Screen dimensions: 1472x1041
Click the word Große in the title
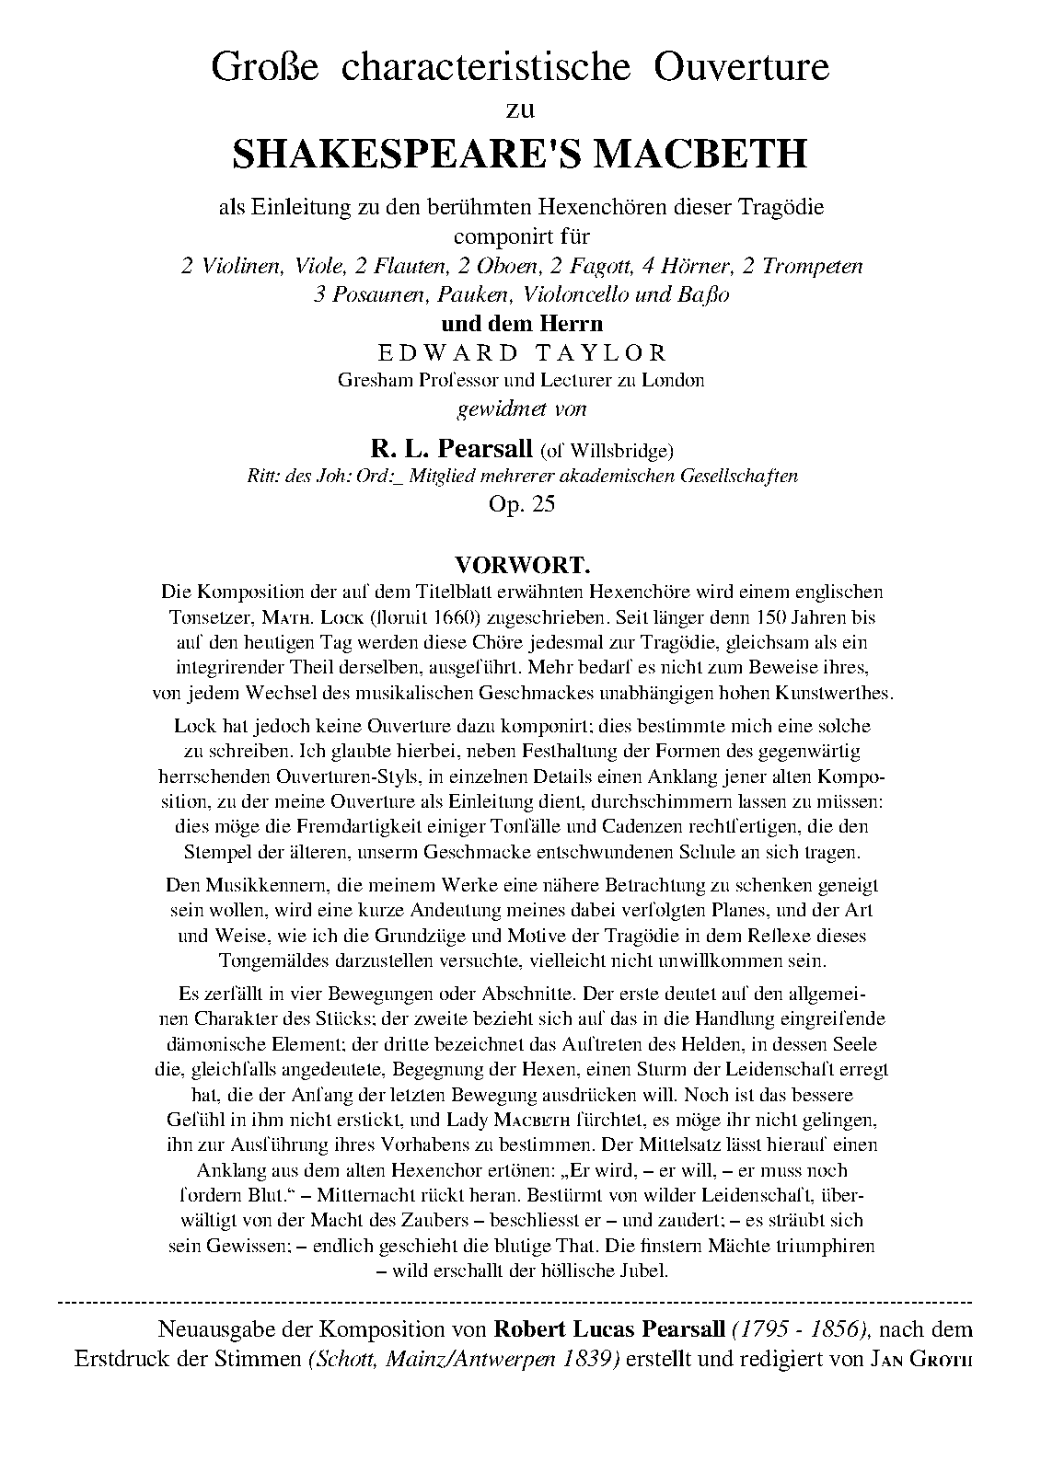265,68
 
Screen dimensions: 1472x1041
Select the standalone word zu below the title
521,110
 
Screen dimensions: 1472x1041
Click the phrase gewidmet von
521,408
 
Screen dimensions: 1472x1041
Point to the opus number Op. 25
521,504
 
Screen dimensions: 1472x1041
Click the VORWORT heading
521,563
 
